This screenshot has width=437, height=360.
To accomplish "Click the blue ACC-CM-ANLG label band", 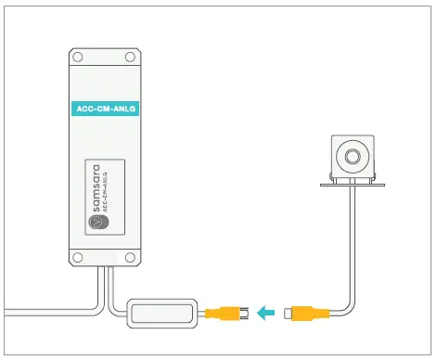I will pyautogui.click(x=104, y=109).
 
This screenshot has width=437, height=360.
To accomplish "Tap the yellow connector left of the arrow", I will pyautogui.click(x=223, y=312).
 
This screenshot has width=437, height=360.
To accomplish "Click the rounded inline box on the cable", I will pyautogui.click(x=163, y=313).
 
